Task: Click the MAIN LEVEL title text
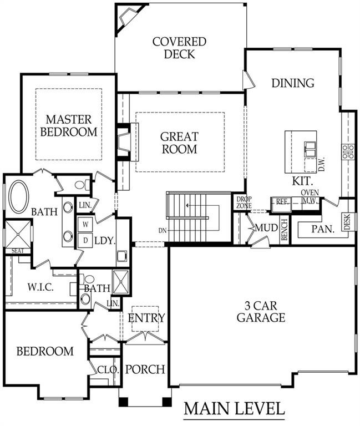[234, 409]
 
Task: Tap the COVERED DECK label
[179, 48]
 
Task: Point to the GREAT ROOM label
[179, 143]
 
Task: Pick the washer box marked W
[85, 224]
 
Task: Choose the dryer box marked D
[85, 239]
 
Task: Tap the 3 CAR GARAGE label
[261, 312]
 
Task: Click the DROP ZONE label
[244, 202]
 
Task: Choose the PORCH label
[145, 369]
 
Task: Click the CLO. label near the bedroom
[105, 369]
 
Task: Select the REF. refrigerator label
[282, 202]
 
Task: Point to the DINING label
[293, 83]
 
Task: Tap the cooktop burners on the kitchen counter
[348, 151]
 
